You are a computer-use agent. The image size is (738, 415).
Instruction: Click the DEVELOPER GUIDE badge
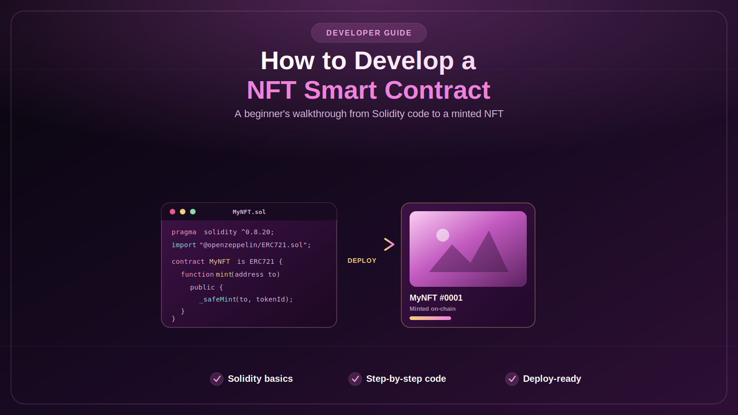tap(369, 33)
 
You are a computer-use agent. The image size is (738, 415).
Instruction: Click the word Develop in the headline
tap(404, 61)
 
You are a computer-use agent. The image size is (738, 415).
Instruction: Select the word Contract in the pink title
tap(437, 90)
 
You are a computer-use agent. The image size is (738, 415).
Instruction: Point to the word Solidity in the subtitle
tap(388, 114)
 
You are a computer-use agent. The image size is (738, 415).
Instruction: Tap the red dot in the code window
tap(173, 212)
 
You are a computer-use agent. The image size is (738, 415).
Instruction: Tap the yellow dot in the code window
tap(183, 212)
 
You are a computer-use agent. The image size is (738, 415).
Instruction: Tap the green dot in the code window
tap(193, 212)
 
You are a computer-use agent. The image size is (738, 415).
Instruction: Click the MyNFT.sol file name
tap(249, 212)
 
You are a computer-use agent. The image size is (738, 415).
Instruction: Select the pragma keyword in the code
tap(184, 232)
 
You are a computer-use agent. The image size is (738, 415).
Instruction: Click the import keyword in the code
tap(184, 245)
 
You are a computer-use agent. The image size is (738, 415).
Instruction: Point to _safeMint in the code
tap(218, 299)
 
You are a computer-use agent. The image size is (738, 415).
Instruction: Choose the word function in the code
tap(197, 274)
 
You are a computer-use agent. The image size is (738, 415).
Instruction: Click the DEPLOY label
tap(362, 261)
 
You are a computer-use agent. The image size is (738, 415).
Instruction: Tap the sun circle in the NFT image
tap(443, 235)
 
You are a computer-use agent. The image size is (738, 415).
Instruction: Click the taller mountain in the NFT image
tap(489, 255)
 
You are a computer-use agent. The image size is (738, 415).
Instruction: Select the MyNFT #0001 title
tap(436, 298)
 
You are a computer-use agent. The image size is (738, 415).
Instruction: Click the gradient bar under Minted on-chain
tap(430, 318)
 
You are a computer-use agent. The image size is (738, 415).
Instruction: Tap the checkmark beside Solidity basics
tap(217, 379)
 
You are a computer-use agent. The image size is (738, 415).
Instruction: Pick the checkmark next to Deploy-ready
tap(512, 379)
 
